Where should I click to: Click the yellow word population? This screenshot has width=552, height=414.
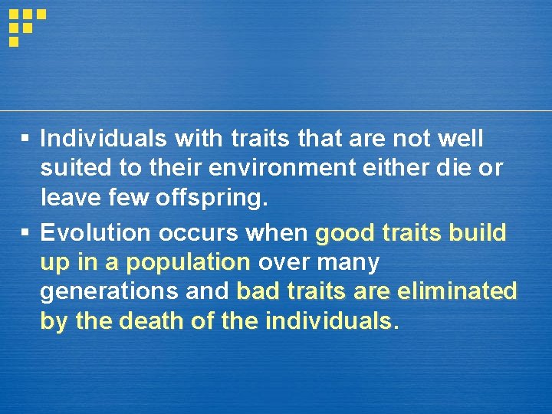click(188, 262)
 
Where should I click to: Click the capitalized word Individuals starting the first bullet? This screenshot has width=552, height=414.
click(104, 139)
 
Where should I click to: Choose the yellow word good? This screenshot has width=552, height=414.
click(343, 232)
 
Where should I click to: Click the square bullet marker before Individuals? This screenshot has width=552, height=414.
click(25, 139)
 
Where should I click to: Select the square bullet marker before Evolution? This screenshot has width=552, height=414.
click(25, 232)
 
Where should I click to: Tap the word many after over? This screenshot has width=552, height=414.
click(348, 262)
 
